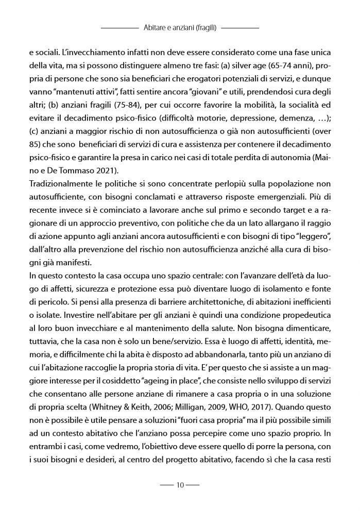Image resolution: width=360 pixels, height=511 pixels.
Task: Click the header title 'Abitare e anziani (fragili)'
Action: point(180,27)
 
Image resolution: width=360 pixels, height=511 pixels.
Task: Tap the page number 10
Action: point(180,485)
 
